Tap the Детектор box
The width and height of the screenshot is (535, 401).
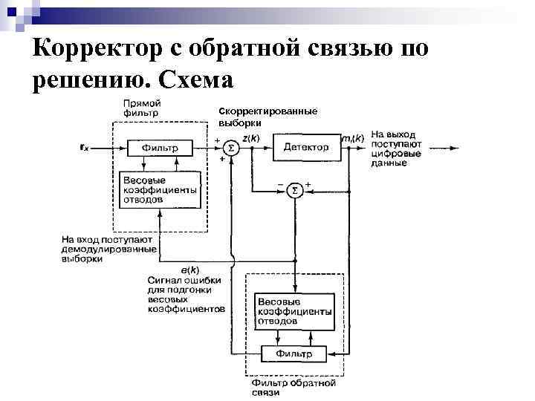tap(305, 147)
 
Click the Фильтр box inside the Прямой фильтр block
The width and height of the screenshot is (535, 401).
tap(160, 147)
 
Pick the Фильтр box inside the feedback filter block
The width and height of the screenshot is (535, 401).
tap(294, 353)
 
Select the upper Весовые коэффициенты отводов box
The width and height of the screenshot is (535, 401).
tap(160, 191)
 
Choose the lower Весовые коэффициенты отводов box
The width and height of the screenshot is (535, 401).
tap(294, 312)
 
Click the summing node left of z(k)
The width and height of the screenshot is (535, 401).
tap(231, 148)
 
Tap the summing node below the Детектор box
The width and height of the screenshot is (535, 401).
tap(294, 191)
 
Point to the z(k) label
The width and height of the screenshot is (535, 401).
tap(251, 138)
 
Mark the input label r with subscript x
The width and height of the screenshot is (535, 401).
tap(84, 148)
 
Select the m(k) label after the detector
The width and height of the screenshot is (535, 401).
tap(352, 139)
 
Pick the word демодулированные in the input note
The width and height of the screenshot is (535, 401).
tap(108, 250)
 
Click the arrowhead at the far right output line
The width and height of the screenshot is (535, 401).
tap(455, 148)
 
